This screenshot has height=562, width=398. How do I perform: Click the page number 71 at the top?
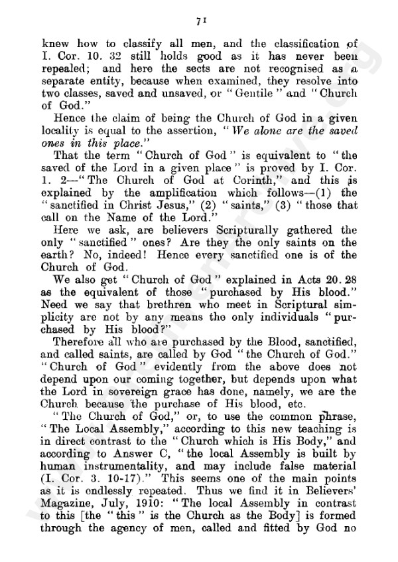(198, 21)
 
